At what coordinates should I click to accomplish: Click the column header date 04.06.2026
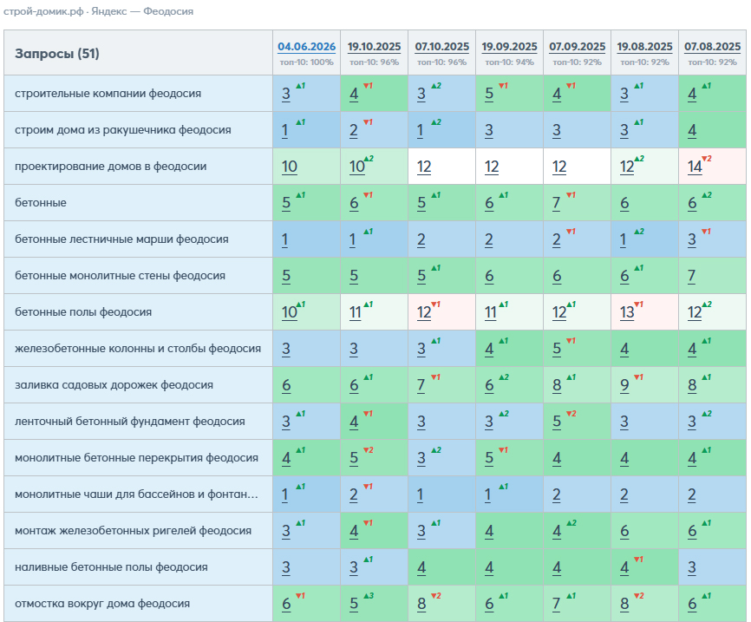(x=306, y=47)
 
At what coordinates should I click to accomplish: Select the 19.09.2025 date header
(x=509, y=47)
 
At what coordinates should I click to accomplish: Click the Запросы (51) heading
(x=57, y=53)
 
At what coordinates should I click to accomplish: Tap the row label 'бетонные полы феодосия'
(x=83, y=312)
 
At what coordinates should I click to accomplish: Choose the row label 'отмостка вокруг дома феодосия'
(x=102, y=603)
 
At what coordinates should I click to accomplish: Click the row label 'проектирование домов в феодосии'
(x=111, y=167)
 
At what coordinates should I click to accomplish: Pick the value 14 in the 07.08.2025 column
(x=695, y=167)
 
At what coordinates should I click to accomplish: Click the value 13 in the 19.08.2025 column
(x=627, y=312)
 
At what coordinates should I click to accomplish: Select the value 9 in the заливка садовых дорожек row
(x=624, y=385)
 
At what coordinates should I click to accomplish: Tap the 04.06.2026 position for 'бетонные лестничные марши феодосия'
(x=284, y=239)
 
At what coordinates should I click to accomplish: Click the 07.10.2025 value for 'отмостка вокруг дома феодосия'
(x=421, y=604)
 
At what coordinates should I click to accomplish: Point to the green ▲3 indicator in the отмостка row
(x=369, y=596)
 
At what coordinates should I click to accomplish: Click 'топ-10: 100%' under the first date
(x=306, y=62)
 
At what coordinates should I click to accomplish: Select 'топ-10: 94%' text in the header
(x=509, y=62)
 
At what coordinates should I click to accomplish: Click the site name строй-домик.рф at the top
(x=43, y=11)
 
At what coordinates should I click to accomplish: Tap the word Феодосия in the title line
(x=168, y=11)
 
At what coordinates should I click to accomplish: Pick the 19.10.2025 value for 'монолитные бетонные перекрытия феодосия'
(x=354, y=458)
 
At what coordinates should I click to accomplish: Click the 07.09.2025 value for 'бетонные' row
(x=557, y=203)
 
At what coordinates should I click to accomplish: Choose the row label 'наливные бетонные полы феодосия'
(x=111, y=566)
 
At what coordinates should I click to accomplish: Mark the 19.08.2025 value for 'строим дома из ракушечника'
(x=624, y=130)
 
